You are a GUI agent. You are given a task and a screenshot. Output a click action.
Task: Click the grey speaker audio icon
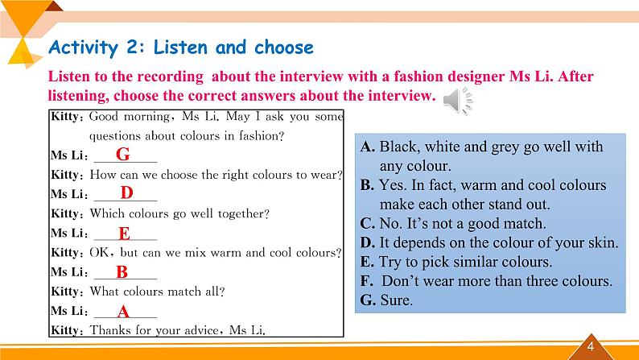point(458,101)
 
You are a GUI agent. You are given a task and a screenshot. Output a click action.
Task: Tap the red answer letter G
point(122,154)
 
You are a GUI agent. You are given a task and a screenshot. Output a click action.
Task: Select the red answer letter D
point(126,192)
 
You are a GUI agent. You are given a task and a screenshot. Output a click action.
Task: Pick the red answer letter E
point(124,234)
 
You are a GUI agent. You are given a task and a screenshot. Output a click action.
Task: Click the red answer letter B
point(122,272)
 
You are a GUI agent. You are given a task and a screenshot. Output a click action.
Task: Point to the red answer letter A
point(123,312)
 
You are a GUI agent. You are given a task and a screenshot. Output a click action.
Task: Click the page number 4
point(591,347)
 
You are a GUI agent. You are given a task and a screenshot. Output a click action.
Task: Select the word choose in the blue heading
point(283,48)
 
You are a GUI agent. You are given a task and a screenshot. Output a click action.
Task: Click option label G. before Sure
point(368,300)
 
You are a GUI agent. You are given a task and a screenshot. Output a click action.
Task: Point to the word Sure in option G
point(396,300)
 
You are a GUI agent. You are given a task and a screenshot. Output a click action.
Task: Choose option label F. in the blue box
point(367,281)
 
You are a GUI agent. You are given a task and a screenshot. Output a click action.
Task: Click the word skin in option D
point(603,242)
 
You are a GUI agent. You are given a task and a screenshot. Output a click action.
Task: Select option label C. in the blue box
point(368,223)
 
